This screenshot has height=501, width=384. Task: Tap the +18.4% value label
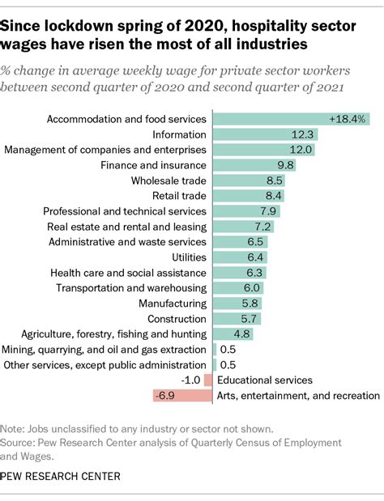pyautogui.click(x=348, y=119)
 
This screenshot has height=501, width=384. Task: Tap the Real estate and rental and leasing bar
pyautogui.click(x=243, y=227)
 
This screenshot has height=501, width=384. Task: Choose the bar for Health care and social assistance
pyautogui.click(x=238, y=273)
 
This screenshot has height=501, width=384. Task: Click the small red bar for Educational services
pyautogui.click(x=210, y=380)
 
